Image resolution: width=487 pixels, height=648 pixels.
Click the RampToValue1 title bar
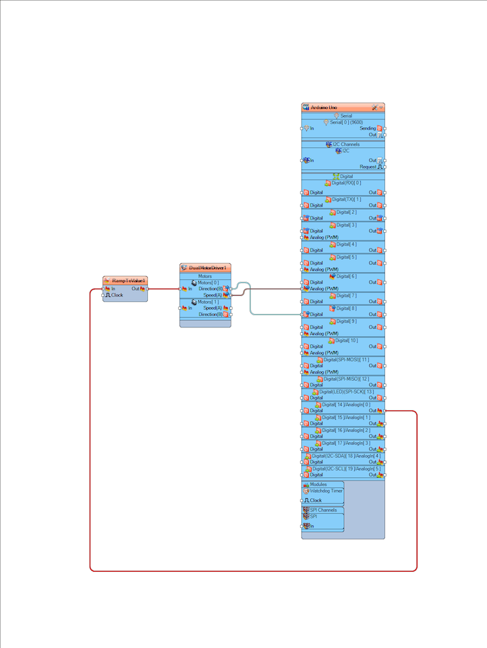[128, 280]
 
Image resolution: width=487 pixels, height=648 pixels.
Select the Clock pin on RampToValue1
[117, 295]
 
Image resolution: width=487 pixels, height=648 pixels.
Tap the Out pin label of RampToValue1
[135, 288]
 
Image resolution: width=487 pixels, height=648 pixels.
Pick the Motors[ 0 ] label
[208, 282]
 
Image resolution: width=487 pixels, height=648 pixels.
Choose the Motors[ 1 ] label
[208, 302]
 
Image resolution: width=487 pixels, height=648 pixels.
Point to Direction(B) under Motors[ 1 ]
[210, 315]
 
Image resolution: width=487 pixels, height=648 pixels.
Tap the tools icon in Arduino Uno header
[374, 108]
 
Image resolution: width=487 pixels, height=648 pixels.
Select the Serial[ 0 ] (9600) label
[346, 122]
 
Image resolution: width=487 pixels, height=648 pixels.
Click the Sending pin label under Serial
[368, 128]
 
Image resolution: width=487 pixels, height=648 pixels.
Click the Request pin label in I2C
[368, 166]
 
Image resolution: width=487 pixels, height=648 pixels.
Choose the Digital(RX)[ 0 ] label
[346, 183]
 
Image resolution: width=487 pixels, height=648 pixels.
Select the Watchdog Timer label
[326, 491]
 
